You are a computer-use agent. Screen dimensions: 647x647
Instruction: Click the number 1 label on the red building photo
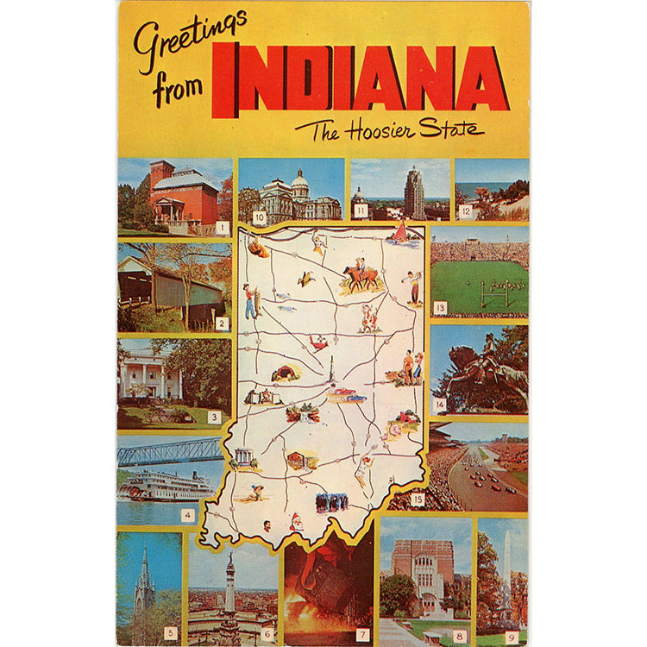click(223, 228)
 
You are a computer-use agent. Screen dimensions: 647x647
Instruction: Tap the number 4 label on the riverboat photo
click(187, 516)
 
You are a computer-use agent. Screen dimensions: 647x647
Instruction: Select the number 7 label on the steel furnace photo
click(362, 635)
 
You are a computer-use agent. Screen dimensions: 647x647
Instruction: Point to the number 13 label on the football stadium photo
click(440, 307)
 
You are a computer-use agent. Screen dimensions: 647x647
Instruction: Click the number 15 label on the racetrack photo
click(418, 499)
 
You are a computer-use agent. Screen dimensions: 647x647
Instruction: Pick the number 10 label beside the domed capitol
click(259, 218)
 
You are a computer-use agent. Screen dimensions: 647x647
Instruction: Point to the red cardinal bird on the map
click(320, 342)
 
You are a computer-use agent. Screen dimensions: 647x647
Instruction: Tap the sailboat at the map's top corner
click(399, 231)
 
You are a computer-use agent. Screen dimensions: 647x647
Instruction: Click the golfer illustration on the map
click(414, 286)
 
